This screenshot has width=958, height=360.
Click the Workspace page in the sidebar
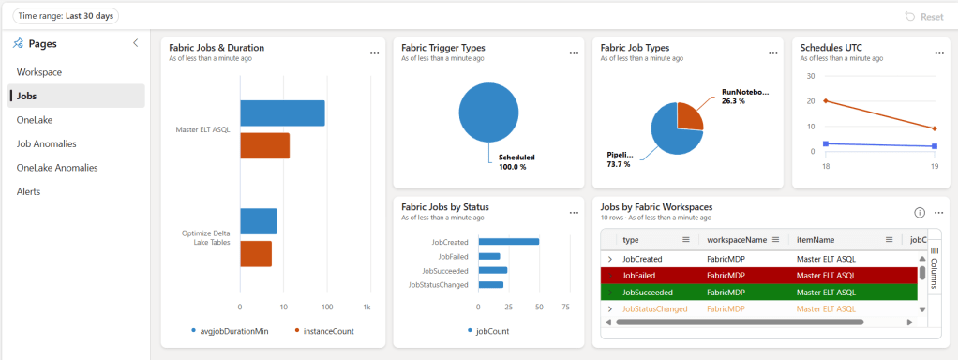39,72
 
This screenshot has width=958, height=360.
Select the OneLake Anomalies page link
57,168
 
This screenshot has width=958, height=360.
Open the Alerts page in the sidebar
30,191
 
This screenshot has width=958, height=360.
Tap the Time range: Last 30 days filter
65,16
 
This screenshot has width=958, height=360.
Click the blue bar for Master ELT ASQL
282,112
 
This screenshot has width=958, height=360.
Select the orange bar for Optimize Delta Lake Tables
256,254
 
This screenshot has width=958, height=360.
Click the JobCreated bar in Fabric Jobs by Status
508,242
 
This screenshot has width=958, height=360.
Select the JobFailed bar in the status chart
488,256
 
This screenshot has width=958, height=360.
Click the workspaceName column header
737,240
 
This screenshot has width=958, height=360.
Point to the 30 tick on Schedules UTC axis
812,76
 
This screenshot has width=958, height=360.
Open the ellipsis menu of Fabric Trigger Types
574,53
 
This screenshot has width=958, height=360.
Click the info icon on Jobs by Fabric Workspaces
920,213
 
